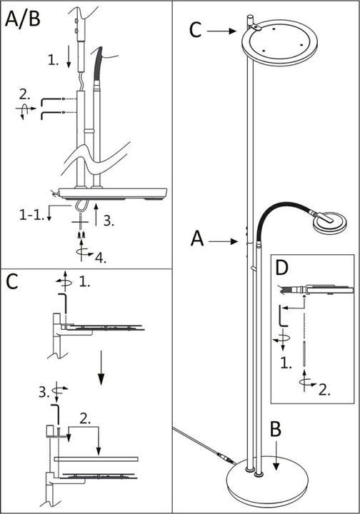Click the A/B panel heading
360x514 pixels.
pyautogui.click(x=23, y=19)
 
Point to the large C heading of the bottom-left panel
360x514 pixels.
pyautogui.click(x=12, y=282)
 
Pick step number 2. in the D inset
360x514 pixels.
pyautogui.click(x=324, y=390)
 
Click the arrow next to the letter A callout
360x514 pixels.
pyautogui.click(x=226, y=241)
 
